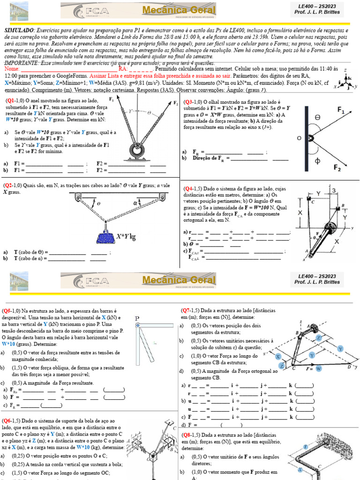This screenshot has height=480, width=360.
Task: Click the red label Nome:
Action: pos(12,68)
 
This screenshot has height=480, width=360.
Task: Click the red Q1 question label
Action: pos(10,100)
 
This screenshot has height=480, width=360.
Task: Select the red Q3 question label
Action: pos(188,102)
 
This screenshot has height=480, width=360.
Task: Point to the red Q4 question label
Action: pos(188,188)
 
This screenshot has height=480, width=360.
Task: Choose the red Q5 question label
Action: pos(7,311)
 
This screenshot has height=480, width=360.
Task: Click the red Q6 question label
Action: pos(7,421)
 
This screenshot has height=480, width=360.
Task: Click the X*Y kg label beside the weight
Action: pos(126,236)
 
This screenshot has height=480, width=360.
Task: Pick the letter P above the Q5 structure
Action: pos(137,319)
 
